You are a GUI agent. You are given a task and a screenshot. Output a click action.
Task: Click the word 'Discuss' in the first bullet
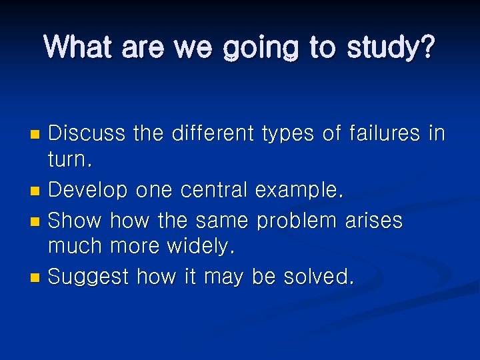(87, 133)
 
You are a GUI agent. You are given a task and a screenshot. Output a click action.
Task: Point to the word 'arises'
(374, 219)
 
